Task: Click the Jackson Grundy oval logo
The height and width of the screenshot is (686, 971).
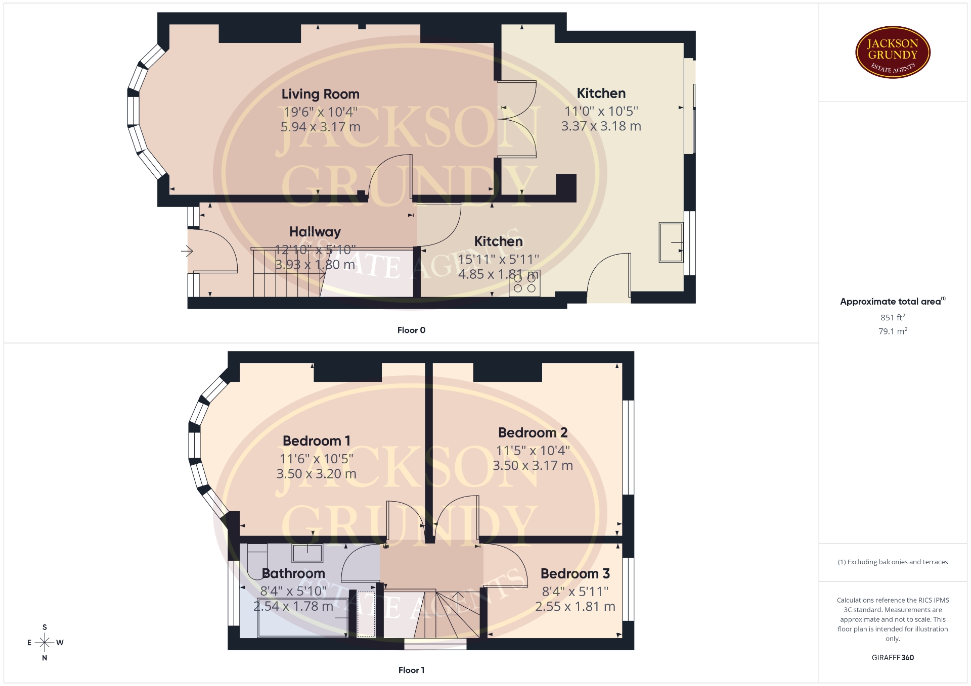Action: [893, 53]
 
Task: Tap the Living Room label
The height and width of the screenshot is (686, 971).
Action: [320, 94]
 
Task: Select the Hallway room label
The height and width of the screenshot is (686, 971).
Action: [315, 232]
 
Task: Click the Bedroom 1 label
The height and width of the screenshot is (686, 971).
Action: [316, 441]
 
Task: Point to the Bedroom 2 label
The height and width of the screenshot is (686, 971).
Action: [533, 433]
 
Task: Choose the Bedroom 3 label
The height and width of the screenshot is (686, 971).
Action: [575, 574]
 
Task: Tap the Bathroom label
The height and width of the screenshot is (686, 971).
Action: [293, 573]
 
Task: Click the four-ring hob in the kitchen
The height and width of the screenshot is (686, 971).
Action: [524, 283]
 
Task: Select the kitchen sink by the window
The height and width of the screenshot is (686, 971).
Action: [671, 242]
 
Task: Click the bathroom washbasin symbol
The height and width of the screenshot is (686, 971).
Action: [307, 553]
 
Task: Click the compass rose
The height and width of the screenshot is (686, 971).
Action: [45, 643]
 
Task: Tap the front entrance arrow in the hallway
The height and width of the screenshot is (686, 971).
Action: [187, 251]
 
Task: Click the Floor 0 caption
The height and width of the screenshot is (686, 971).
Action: [411, 330]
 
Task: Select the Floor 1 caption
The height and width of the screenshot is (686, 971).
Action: [411, 670]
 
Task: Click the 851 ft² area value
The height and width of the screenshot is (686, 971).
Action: [893, 317]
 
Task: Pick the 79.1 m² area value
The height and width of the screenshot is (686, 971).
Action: [893, 331]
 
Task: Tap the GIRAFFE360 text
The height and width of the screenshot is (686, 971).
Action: [893, 658]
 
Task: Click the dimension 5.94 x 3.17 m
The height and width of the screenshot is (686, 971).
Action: [320, 127]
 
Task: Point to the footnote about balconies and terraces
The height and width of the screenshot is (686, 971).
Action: [893, 562]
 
